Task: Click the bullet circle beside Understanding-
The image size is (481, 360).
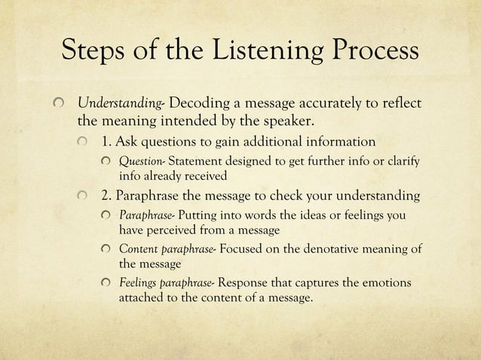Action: coord(62,103)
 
